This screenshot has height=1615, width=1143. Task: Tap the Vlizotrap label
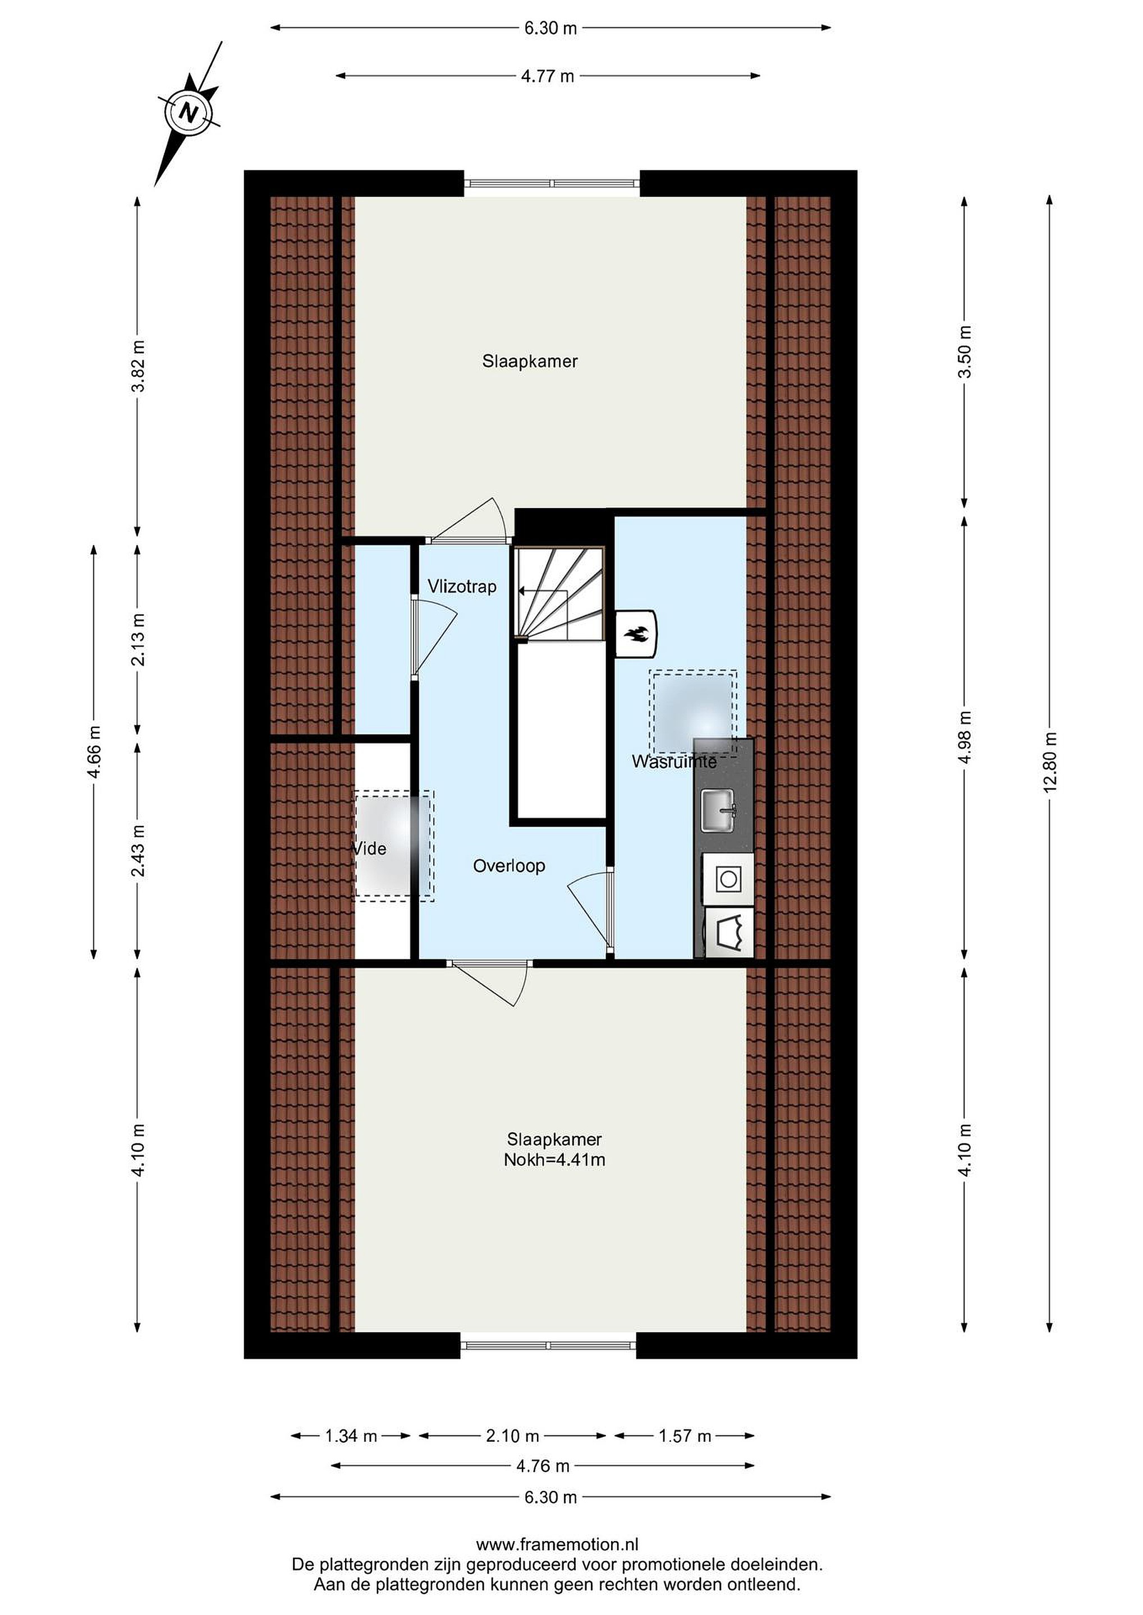462,586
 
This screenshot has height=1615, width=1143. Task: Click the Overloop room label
509,865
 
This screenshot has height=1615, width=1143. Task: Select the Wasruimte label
673,761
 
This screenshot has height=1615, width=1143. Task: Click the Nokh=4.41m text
554,1160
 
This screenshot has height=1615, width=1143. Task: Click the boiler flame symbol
637,634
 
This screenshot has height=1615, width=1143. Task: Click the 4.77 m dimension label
548,76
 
